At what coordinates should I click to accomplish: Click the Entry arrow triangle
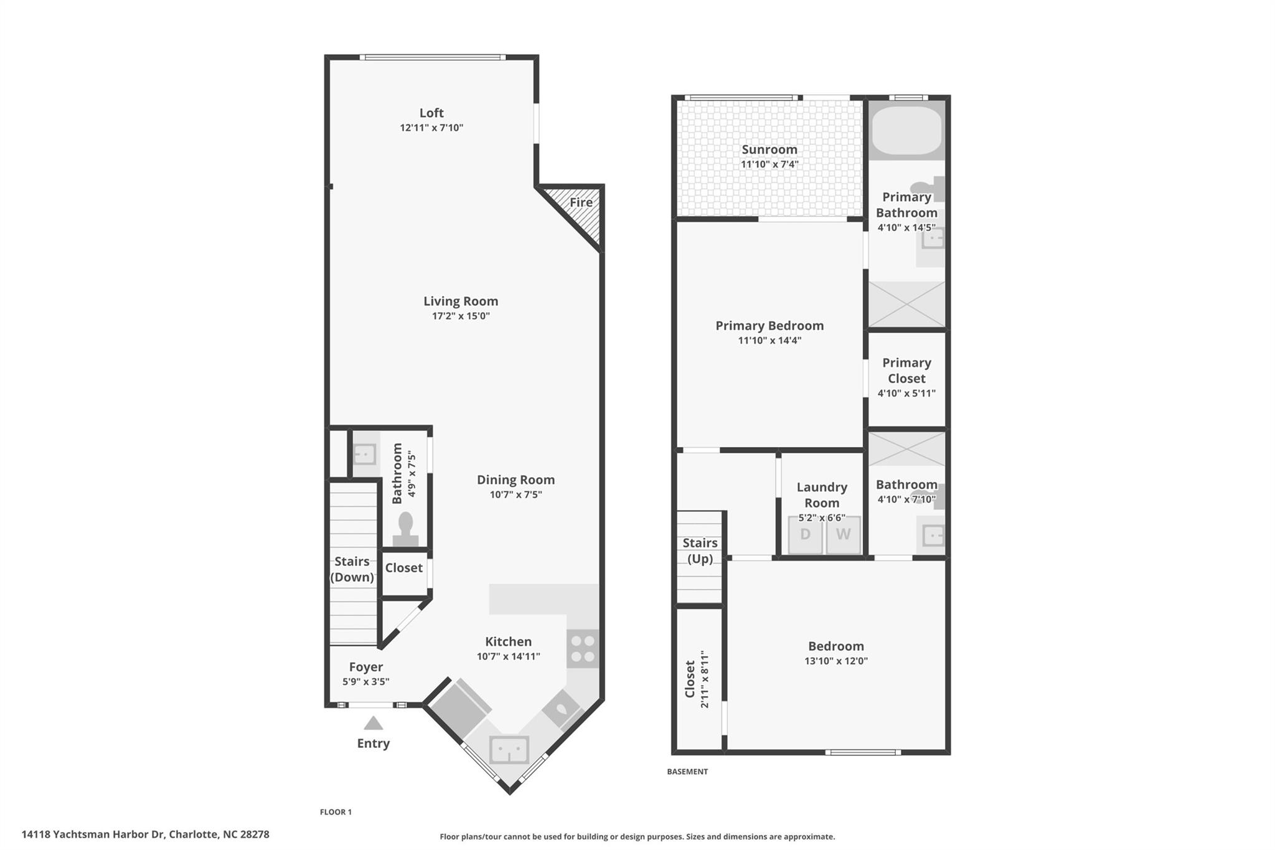(373, 723)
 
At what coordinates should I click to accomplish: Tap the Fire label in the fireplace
(581, 202)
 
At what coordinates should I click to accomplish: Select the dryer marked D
(805, 534)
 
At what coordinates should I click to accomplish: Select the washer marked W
(843, 534)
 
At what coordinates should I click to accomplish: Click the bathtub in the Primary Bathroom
(906, 130)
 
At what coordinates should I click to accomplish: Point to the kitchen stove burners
(583, 648)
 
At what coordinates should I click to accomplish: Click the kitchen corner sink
(509, 749)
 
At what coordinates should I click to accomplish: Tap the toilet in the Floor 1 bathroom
(406, 529)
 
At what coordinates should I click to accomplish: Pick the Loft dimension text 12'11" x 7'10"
(431, 128)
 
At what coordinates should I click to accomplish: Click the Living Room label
(461, 301)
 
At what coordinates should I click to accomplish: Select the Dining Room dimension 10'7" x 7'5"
(515, 495)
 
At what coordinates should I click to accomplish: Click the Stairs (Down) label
(352, 569)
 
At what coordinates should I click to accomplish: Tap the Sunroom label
(769, 149)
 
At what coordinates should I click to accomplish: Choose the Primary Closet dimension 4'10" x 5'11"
(906, 394)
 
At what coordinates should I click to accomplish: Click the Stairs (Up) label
(700, 550)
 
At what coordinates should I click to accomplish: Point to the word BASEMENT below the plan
(687, 772)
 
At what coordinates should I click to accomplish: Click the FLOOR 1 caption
(336, 812)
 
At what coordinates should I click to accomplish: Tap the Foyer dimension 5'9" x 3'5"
(366, 682)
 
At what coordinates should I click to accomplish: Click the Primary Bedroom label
(769, 326)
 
